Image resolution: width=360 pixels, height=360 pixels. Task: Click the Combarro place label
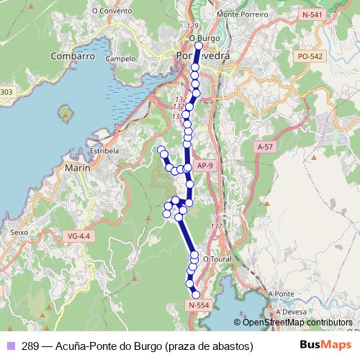click(x=73, y=55)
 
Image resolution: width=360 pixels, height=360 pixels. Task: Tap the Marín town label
click(x=77, y=168)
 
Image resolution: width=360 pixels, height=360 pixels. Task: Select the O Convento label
click(x=112, y=12)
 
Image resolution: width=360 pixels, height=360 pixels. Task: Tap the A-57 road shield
click(x=266, y=146)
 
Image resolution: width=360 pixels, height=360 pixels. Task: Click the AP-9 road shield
click(x=205, y=166)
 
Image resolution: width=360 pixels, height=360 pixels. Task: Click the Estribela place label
click(x=104, y=151)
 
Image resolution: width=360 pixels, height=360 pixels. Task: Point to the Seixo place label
click(x=19, y=233)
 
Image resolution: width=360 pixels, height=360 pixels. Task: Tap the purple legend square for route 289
click(x=10, y=346)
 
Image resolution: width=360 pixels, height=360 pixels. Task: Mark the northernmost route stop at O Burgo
click(x=199, y=45)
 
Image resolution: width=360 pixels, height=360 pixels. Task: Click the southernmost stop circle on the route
click(x=196, y=294)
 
